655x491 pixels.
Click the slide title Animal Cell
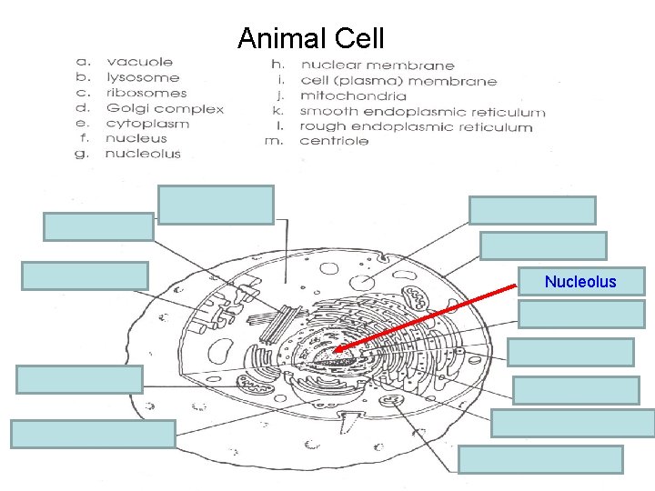(x=310, y=39)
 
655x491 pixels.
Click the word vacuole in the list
(x=139, y=63)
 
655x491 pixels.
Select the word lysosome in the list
(x=143, y=78)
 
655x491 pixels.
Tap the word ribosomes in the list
(x=146, y=93)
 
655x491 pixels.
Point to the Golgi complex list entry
(x=165, y=108)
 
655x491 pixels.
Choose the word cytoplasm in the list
(x=147, y=124)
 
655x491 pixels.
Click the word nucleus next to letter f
(x=136, y=139)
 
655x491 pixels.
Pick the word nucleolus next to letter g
(x=143, y=154)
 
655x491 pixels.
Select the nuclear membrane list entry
(x=378, y=65)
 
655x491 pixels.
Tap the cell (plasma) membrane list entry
(x=398, y=81)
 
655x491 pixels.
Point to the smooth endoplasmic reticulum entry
(x=423, y=112)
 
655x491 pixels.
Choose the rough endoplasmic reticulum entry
(x=416, y=127)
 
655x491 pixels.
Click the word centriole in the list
(x=334, y=141)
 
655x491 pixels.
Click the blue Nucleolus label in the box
(x=580, y=282)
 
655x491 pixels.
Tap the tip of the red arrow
(x=333, y=351)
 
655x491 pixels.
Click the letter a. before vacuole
(x=83, y=63)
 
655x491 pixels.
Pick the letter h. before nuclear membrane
(x=278, y=65)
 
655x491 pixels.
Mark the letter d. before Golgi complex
(x=83, y=108)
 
